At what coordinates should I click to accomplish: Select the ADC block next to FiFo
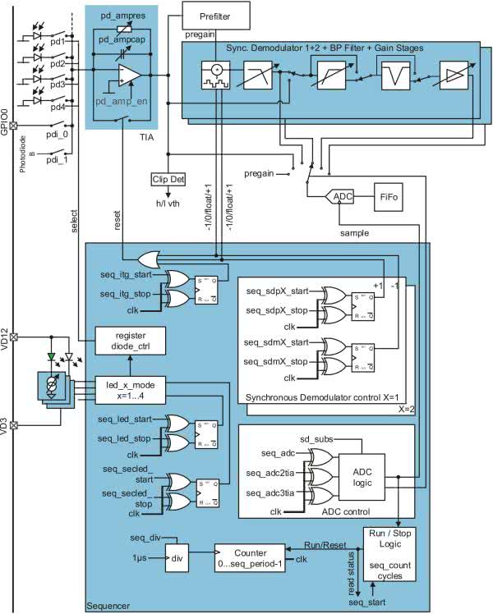[341, 197]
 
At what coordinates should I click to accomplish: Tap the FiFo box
[388, 197]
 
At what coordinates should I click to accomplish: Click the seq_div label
[145, 537]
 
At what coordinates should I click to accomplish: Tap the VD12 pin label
[7, 323]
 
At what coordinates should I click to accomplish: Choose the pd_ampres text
[123, 15]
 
